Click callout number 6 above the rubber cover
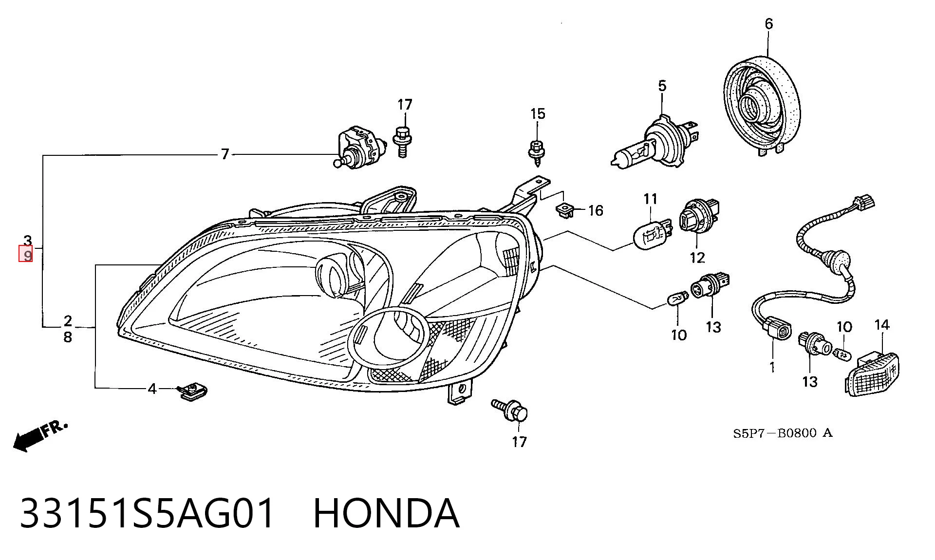click(x=769, y=23)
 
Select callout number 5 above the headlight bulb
click(x=662, y=86)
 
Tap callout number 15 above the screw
click(x=538, y=114)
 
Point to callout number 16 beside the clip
click(x=596, y=210)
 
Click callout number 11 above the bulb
click(x=651, y=199)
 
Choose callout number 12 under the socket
click(x=697, y=258)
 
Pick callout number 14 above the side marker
click(x=882, y=325)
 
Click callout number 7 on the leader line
click(x=224, y=154)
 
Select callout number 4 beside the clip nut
click(x=152, y=389)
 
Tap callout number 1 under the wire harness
click(x=772, y=367)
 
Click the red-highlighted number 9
click(x=26, y=254)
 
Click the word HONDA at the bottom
click(x=386, y=513)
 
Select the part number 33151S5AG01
click(x=147, y=513)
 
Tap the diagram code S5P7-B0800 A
click(x=783, y=433)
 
